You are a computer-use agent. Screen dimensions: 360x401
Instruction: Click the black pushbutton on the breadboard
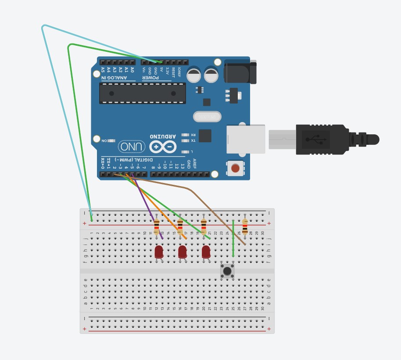coord(227,271)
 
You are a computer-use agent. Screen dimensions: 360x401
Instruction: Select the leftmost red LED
coord(159,252)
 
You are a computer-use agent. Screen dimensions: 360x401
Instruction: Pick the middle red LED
coord(183,252)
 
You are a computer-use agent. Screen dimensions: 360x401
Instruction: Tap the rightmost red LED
coord(206,252)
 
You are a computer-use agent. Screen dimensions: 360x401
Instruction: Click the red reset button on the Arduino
coord(236,168)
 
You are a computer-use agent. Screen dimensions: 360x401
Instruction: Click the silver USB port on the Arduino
coord(246,139)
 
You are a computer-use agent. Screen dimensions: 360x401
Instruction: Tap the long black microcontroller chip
coord(142,93)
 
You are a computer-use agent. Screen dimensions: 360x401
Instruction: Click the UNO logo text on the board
coord(132,147)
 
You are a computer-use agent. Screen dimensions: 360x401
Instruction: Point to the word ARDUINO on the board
coord(163,137)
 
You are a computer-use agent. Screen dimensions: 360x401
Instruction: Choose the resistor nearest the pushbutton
coord(245,227)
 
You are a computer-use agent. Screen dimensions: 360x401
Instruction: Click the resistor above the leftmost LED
coord(157,227)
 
